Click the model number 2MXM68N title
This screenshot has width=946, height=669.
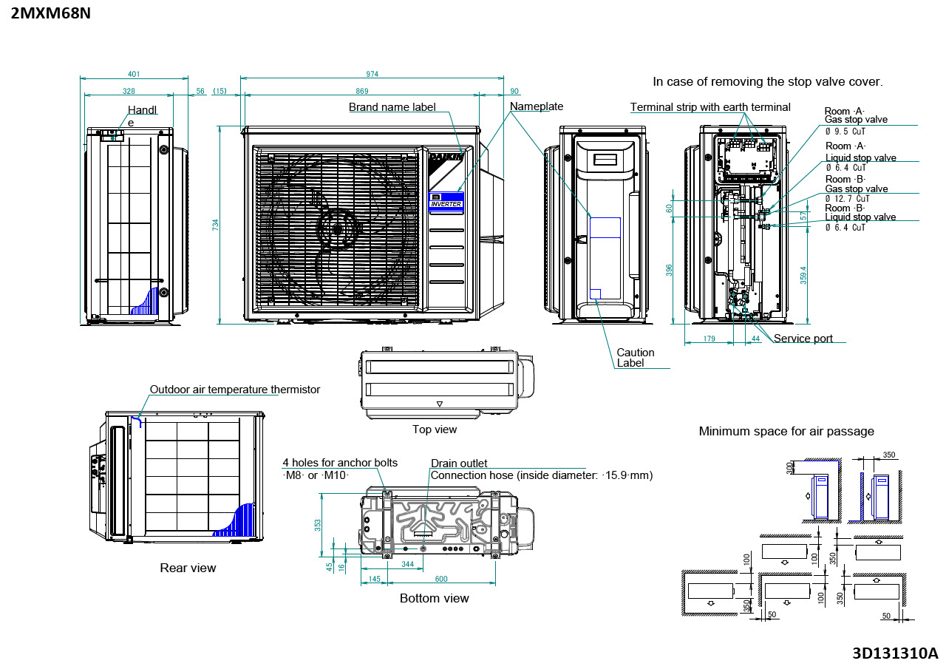point(51,13)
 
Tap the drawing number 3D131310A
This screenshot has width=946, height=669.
point(895,653)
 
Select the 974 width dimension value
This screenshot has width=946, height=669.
point(372,74)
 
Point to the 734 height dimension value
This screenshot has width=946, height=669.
point(215,225)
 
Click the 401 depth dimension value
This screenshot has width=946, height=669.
point(134,74)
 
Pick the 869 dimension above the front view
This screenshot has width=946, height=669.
point(362,91)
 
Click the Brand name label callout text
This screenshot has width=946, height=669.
point(392,107)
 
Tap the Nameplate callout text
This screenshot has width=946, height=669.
point(537,106)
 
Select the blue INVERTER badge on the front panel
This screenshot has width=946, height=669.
point(446,201)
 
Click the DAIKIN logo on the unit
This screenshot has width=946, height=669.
point(447,157)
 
